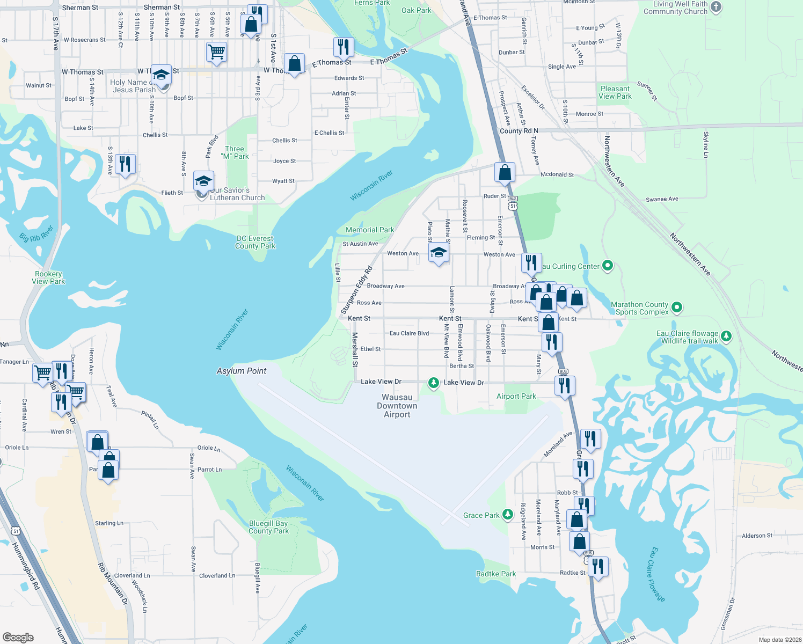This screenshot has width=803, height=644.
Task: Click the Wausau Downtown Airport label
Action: pos(397,406)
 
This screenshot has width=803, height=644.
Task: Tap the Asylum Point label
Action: pos(242,371)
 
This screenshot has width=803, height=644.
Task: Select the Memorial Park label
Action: pos(370,230)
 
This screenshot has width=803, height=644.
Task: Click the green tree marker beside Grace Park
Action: pos(507,515)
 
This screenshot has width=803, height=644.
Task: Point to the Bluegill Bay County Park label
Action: pos(268,527)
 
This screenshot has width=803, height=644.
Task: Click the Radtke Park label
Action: pos(496,574)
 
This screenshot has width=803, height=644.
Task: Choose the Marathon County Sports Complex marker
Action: pos(677,308)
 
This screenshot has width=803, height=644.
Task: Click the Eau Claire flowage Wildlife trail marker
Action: pos(726,336)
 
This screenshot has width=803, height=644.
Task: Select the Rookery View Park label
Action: pos(48,277)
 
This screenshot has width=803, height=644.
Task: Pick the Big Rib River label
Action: pos(36,234)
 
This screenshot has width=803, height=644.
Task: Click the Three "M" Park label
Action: pos(235,152)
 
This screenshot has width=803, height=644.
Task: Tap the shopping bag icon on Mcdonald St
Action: pos(505,172)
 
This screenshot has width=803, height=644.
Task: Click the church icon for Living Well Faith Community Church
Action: pos(716,7)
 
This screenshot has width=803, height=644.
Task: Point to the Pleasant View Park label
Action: pos(615,92)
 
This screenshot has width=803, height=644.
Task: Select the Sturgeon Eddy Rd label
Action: pos(356,290)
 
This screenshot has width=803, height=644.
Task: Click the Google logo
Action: pos(18,637)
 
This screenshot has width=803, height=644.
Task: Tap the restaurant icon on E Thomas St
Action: pos(343,47)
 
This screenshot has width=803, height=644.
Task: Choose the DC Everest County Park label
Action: pos(255,242)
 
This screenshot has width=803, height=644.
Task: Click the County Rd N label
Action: pos(519,130)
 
